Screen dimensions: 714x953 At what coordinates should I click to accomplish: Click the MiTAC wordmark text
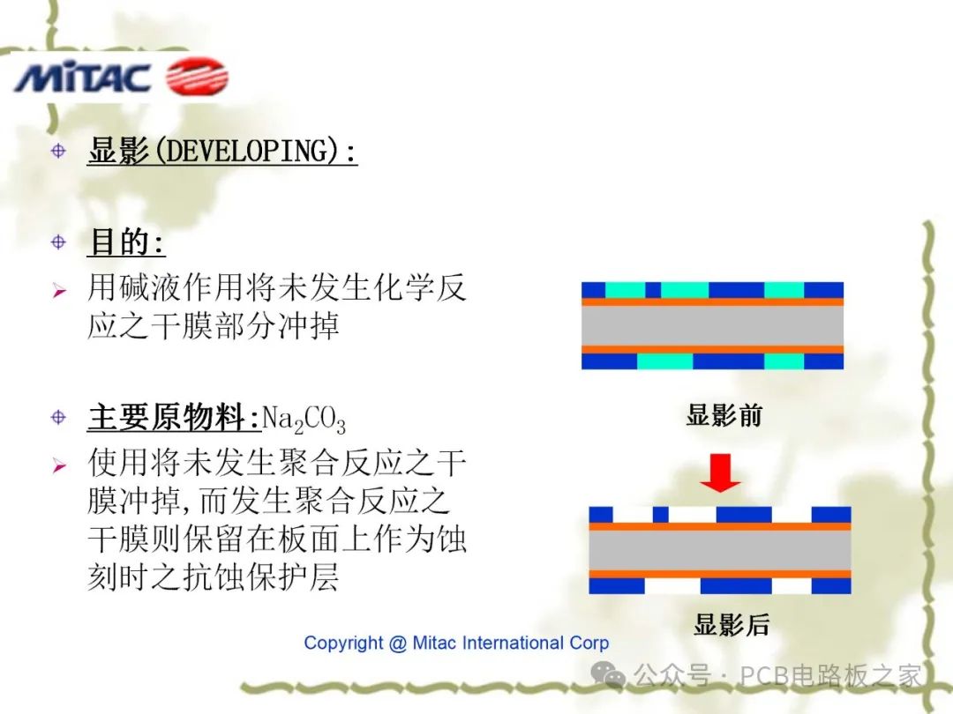[82, 78]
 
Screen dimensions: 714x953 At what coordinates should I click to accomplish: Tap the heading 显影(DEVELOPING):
[222, 152]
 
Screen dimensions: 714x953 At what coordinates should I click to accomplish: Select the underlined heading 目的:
[126, 242]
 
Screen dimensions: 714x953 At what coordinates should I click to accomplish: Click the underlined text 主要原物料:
[174, 417]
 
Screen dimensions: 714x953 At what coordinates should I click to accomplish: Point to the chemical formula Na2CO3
[304, 420]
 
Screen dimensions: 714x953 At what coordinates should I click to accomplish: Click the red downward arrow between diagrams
[721, 476]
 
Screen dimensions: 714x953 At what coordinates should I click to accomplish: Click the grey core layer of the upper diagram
[712, 325]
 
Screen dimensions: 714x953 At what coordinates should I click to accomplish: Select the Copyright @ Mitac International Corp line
[456, 643]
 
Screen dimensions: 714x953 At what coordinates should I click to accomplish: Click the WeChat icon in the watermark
[609, 675]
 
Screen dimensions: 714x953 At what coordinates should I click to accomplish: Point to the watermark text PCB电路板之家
[830, 676]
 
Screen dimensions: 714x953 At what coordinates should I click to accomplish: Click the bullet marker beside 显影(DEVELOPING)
[58, 151]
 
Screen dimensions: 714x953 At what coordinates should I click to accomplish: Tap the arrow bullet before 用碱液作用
[59, 290]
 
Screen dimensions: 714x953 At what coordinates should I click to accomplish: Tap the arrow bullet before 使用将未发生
[59, 465]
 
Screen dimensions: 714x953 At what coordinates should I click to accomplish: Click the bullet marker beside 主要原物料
[58, 416]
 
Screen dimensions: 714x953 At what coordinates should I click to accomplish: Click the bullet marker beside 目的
[58, 241]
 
